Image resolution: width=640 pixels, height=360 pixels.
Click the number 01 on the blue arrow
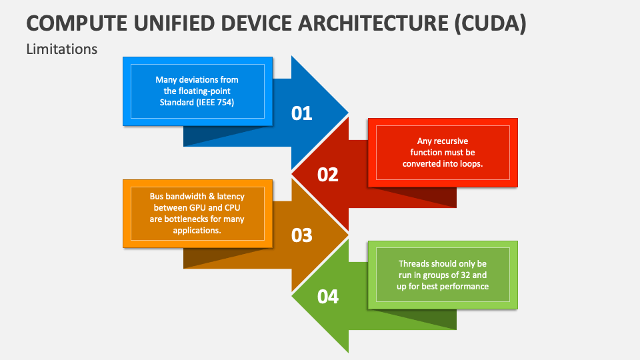[x=301, y=113]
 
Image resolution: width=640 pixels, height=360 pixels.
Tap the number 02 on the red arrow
[x=328, y=175]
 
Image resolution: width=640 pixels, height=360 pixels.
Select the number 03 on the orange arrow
[x=301, y=235]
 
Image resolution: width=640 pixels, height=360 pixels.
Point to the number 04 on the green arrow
[x=328, y=297]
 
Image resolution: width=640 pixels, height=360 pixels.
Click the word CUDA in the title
[x=490, y=23]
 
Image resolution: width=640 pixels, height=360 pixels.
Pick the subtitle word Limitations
[x=61, y=49]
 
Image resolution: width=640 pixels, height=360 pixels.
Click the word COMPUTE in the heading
[x=77, y=23]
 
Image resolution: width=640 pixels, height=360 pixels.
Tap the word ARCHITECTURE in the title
[x=373, y=23]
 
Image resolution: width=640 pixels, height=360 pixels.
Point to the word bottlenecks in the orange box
[x=186, y=219]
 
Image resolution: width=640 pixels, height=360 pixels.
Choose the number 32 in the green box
[x=465, y=275]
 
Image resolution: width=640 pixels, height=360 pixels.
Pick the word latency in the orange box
[x=231, y=196]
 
